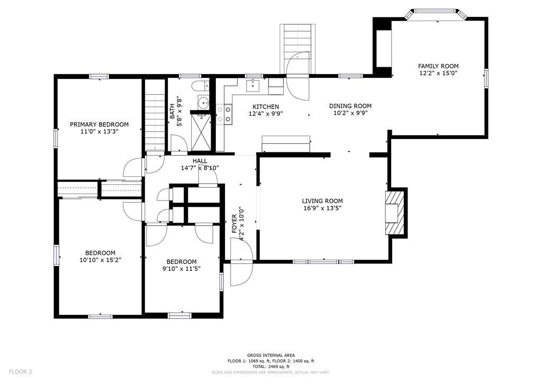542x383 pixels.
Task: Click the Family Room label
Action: tap(438, 66)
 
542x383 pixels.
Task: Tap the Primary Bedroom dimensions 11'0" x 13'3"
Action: tap(99, 131)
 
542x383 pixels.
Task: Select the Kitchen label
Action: tap(266, 107)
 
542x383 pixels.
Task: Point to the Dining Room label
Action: tap(350, 106)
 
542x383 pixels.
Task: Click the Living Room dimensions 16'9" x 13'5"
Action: tap(322, 208)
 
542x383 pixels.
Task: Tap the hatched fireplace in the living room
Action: tap(394, 213)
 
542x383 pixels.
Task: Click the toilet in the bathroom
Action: tap(200, 86)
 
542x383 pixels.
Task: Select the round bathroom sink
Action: tap(203, 103)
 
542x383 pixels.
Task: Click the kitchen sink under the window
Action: tap(254, 85)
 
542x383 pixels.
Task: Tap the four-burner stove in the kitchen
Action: tap(224, 114)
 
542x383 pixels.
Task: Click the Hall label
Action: tap(200, 161)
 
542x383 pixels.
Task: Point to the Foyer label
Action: tap(234, 223)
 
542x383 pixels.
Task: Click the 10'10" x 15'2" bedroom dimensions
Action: tap(100, 260)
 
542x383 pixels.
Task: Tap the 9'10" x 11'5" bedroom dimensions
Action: tap(182, 269)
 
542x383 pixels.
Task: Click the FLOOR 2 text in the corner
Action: tap(21, 372)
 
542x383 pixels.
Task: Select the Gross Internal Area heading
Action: tap(270, 355)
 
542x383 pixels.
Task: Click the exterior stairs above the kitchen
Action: tap(297, 49)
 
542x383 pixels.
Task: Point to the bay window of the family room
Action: tap(437, 14)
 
